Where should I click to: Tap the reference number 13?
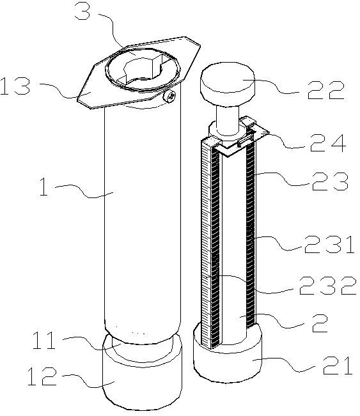point(15,86)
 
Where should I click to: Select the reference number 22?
point(326,90)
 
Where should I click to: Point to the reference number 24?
point(328,143)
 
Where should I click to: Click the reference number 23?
point(330,181)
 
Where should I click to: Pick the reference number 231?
point(329,244)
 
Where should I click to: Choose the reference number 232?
point(327,286)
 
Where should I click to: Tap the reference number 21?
point(338,366)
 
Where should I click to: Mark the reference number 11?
point(44,340)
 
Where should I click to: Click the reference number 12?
point(42,376)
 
